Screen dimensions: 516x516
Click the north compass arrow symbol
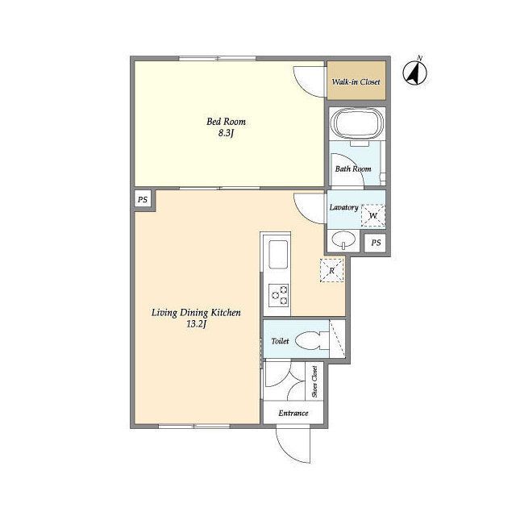[415, 72]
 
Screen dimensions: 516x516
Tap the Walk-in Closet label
[356, 81]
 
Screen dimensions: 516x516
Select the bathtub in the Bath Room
[357, 123]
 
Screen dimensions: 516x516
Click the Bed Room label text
[226, 122]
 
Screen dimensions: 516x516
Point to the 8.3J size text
[226, 133]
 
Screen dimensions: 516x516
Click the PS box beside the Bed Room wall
[143, 199]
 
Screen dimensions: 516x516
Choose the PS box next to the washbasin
[376, 243]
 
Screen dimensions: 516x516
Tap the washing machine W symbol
[373, 215]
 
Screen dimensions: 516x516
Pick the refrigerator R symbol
[331, 271]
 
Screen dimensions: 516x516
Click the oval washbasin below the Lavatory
[343, 239]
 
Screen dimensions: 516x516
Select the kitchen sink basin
[278, 255]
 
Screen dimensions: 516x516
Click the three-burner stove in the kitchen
[278, 296]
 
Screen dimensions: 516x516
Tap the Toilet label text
[280, 341]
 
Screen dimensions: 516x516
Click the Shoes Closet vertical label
[314, 381]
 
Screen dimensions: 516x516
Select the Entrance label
[293, 413]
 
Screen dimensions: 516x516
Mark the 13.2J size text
[196, 324]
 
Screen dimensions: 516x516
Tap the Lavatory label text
[344, 207]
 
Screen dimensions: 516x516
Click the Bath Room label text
[353, 169]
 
